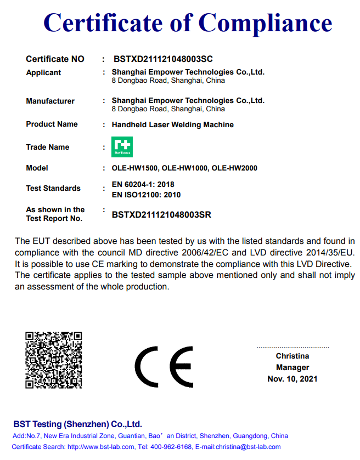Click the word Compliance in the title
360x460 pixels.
click(265, 23)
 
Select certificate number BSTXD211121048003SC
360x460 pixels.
click(163, 59)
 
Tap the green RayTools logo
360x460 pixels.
click(122, 147)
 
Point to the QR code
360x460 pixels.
click(54, 360)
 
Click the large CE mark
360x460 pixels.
click(164, 367)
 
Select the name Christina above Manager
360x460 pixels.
click(292, 356)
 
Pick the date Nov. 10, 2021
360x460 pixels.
click(292, 379)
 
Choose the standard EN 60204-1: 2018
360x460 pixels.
click(143, 184)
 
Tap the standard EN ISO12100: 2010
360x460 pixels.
click(146, 195)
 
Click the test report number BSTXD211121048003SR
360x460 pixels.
click(161, 215)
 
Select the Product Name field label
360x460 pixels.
click(52, 124)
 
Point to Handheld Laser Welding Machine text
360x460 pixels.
click(173, 124)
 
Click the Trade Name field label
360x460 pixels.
click(48, 147)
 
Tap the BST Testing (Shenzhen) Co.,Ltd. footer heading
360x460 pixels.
click(77, 424)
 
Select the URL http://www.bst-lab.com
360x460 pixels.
click(100, 447)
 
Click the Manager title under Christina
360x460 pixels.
click(292, 367)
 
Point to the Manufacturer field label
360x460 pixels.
click(50, 101)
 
